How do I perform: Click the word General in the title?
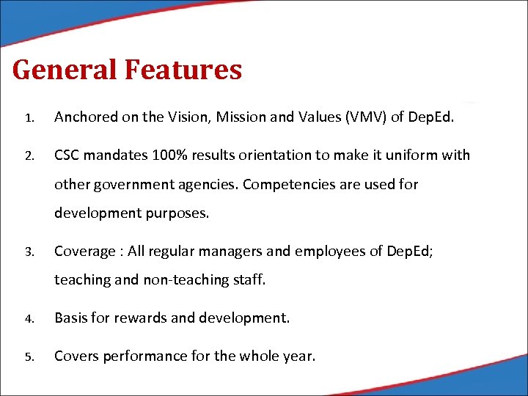click(x=65, y=70)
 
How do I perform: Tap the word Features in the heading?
click(x=183, y=70)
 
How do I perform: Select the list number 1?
click(x=27, y=117)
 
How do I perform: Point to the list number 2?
click(x=27, y=156)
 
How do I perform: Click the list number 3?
click(x=27, y=252)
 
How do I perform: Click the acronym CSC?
click(x=69, y=155)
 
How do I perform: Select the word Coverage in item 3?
click(x=83, y=252)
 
